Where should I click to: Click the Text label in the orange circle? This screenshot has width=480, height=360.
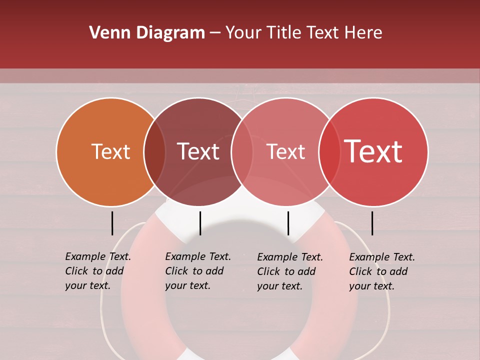coord(110,151)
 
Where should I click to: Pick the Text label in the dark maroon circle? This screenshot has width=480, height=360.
coord(198,151)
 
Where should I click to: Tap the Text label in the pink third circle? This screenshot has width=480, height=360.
coord(285,151)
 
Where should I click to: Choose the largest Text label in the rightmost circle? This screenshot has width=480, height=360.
coord(373,151)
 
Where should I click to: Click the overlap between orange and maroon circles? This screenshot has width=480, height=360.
coord(154,151)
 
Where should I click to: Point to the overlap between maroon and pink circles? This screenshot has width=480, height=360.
coord(242,151)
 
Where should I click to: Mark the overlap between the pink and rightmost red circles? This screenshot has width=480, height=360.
coord(329,151)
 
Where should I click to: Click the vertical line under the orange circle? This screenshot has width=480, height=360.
coord(112,223)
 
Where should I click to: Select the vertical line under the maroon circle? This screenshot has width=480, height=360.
coord(200,223)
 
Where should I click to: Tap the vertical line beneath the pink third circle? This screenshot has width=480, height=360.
coord(288,223)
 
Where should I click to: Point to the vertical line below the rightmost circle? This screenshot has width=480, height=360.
coord(372,223)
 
